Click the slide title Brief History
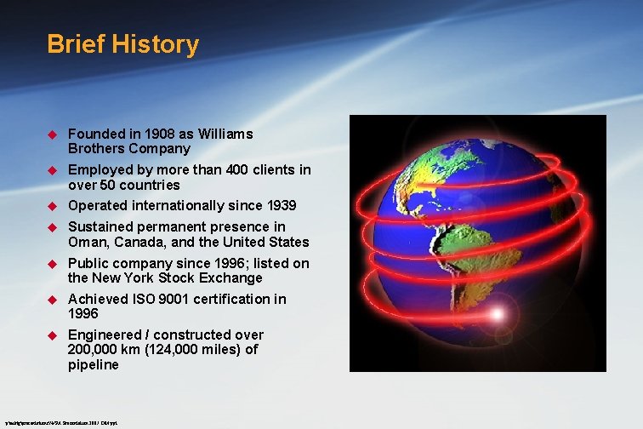pyautogui.click(x=122, y=44)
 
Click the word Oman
pyautogui.click(x=87, y=242)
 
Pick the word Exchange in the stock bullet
pyautogui.click(x=230, y=277)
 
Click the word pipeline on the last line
pyautogui.click(x=94, y=364)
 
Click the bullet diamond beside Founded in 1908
pyautogui.click(x=50, y=134)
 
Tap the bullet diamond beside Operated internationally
pyautogui.click(x=50, y=206)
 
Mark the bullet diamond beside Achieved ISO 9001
pyautogui.click(x=50, y=300)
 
